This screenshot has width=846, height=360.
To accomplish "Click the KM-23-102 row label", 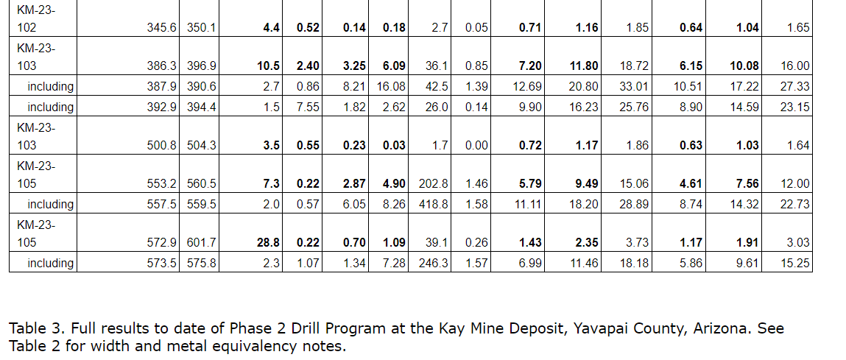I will pyautogui.click(x=35, y=20).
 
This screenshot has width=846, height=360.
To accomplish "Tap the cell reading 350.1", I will pyautogui.click(x=202, y=28).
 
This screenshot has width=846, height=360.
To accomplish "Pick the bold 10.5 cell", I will pyautogui.click(x=267, y=66).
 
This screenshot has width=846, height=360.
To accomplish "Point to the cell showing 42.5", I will pyautogui.click(x=437, y=87).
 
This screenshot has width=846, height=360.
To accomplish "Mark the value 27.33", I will pyautogui.click(x=794, y=87).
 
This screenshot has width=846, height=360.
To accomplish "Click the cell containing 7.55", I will pyautogui.click(x=307, y=107).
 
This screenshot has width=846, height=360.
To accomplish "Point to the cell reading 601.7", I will pyautogui.click(x=202, y=243).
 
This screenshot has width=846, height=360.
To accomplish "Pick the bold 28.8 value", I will pyautogui.click(x=267, y=243).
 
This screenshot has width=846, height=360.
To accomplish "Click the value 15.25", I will pyautogui.click(x=794, y=264).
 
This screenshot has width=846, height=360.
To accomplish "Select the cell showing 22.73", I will pyautogui.click(x=794, y=205).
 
